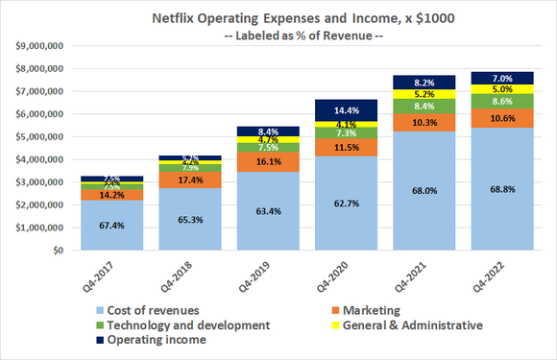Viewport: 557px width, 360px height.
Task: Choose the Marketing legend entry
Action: tap(366, 310)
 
